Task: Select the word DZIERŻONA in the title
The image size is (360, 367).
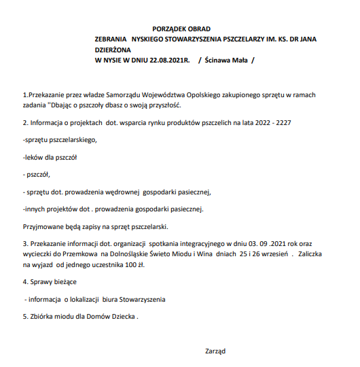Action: [115, 50]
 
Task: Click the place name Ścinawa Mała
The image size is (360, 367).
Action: [226, 60]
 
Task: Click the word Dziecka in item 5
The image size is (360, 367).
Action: [122, 316]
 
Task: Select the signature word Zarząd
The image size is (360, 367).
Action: [215, 351]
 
